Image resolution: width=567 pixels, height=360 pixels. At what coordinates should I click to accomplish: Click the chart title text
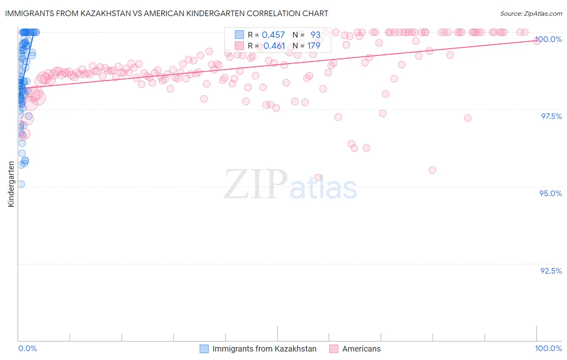167,13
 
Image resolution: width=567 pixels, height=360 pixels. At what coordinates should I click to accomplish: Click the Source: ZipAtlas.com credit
531,13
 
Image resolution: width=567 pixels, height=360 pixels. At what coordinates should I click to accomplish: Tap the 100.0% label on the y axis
548,39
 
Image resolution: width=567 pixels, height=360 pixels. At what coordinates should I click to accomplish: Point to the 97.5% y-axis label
551,116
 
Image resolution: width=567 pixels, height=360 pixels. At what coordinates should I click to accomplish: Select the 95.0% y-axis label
550,193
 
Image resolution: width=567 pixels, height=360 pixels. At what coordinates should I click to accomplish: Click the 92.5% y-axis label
551,271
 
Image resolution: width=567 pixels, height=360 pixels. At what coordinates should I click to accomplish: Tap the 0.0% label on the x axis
27,348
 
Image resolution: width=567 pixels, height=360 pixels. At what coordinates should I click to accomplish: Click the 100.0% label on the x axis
548,348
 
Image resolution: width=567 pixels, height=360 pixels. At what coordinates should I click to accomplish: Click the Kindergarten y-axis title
11,184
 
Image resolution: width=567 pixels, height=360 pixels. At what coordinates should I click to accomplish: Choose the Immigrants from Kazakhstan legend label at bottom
264,349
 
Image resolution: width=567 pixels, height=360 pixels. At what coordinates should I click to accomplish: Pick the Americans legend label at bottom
361,349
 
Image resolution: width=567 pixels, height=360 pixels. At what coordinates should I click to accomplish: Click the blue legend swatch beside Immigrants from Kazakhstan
204,349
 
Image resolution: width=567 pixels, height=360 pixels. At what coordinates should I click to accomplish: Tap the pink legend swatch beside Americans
334,349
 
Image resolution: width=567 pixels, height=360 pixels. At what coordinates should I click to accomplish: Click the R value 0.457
273,35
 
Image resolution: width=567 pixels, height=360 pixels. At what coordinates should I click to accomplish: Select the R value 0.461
274,46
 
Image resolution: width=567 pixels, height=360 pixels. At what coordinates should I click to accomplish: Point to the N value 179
313,46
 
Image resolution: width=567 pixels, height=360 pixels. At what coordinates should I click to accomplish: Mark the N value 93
315,35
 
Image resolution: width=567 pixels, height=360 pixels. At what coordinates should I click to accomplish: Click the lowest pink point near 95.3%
318,178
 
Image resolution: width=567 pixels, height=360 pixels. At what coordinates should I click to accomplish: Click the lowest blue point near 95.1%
21,184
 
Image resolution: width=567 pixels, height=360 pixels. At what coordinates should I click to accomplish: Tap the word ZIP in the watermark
256,184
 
